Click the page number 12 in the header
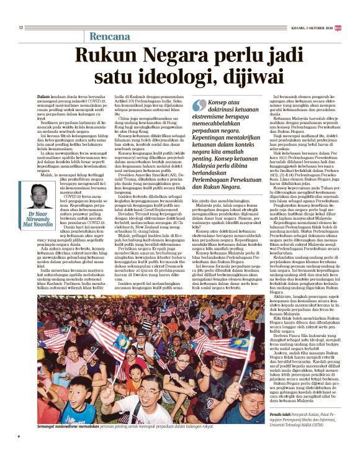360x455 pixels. coord(21,27)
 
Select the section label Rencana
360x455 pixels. coord(111,36)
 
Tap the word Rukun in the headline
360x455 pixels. coord(112,58)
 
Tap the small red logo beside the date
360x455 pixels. coord(337,27)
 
